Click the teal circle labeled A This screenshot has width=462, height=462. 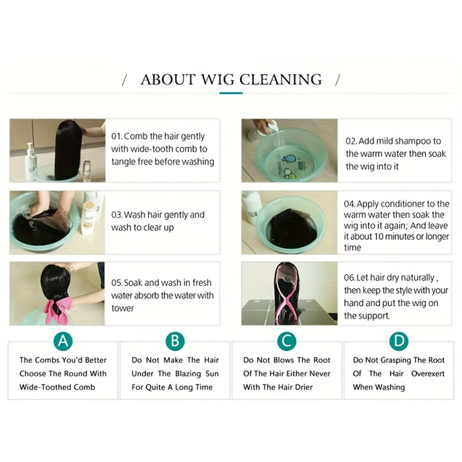point(63,341)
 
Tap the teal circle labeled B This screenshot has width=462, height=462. point(175,341)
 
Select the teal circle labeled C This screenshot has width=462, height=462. point(287,341)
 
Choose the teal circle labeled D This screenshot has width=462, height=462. point(399,341)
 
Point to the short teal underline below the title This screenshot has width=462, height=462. point(231,93)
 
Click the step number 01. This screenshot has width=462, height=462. point(116,136)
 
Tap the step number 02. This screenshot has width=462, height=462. point(351,141)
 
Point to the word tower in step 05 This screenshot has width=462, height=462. point(122,308)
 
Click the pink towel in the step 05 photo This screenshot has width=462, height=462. point(59,310)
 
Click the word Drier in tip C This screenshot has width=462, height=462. point(304,387)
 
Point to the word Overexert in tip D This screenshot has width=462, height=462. point(428,374)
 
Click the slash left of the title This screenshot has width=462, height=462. point(124,80)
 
